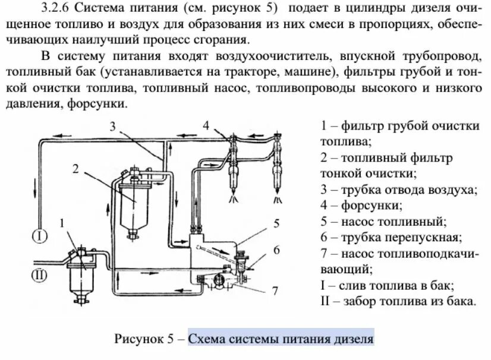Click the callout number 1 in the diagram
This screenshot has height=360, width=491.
pyautogui.click(x=62, y=223)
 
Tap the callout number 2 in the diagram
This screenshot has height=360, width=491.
pyautogui.click(x=76, y=168)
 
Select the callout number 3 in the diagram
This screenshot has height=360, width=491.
pyautogui.click(x=114, y=125)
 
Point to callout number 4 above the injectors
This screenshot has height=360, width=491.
pyautogui.click(x=206, y=125)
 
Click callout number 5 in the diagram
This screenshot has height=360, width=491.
pyautogui.click(x=276, y=223)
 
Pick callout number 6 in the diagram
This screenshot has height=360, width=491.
pyautogui.click(x=276, y=250)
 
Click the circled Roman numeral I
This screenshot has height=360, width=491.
pyautogui.click(x=39, y=236)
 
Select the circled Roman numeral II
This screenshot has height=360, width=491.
pyautogui.click(x=39, y=274)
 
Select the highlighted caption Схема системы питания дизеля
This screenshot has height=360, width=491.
pyautogui.click(x=281, y=339)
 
